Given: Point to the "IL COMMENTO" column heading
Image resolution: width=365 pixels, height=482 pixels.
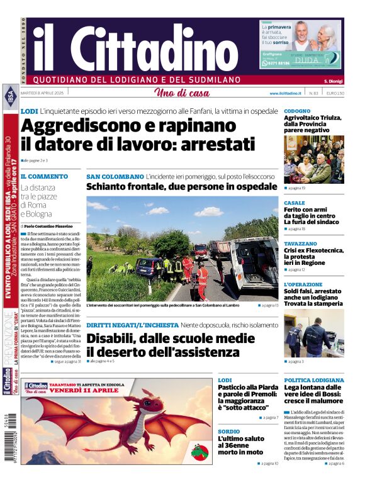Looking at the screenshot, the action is coord(44,177).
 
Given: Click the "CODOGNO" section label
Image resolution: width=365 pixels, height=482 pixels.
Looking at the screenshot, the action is coord(297,111).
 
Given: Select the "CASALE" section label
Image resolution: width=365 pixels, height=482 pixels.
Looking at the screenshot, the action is coord(295,203).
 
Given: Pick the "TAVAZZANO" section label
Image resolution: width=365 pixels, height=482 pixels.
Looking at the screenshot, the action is coord(300,243).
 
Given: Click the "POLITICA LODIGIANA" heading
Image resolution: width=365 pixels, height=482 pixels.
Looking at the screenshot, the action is coord(314,380).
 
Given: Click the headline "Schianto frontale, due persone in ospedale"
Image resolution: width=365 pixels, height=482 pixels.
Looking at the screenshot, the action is coord(181,187).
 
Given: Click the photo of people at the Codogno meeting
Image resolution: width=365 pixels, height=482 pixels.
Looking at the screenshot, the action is coord(313,159).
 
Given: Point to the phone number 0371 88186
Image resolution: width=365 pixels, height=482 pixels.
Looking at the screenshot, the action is coord(276,63).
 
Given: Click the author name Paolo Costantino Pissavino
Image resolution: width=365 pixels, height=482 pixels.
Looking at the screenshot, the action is coord(50,225).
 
